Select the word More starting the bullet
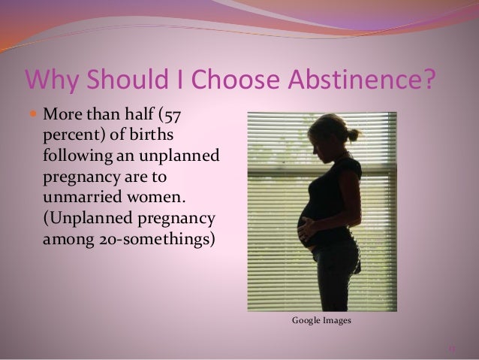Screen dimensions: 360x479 click(62, 116)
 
